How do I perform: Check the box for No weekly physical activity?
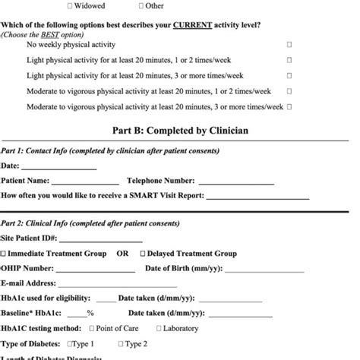(x=289, y=45)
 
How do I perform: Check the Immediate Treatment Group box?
(x=4, y=254)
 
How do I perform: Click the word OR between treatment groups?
(x=122, y=254)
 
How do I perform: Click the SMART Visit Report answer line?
(x=257, y=197)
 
